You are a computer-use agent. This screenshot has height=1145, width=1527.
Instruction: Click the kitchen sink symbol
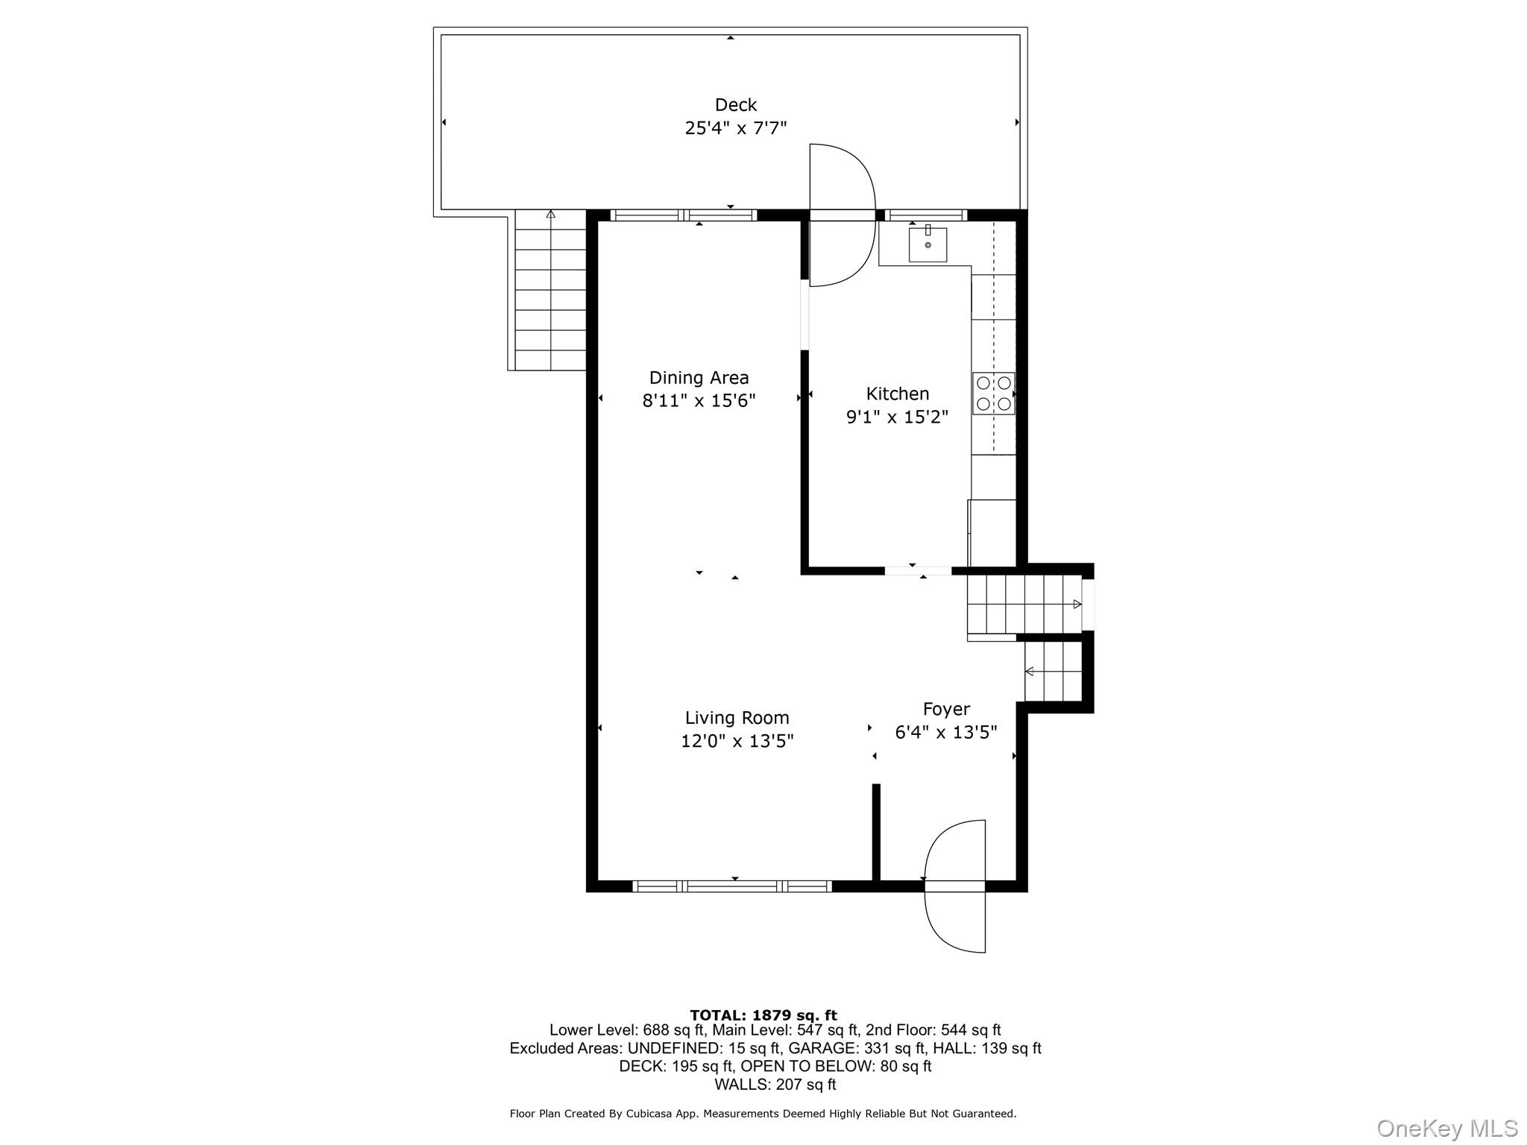(x=928, y=245)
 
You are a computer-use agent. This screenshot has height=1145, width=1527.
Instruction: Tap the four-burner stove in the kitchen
(x=993, y=394)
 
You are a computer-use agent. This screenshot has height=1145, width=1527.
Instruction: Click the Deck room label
(x=735, y=105)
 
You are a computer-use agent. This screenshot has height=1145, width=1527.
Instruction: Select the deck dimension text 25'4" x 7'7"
(x=735, y=128)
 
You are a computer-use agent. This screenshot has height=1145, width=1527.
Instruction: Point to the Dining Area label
(x=699, y=378)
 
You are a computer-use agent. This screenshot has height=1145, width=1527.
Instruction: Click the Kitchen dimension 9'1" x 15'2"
(x=897, y=417)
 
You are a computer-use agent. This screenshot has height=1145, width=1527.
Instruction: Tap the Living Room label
(x=737, y=718)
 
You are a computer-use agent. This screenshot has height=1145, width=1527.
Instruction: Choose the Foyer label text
(x=946, y=709)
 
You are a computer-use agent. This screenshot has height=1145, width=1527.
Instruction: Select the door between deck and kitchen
(x=842, y=215)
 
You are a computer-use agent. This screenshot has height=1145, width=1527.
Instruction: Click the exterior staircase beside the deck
(x=550, y=291)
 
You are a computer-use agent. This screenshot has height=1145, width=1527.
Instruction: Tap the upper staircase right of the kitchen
(x=1023, y=604)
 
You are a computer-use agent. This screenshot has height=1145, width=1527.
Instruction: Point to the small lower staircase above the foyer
(x=1052, y=672)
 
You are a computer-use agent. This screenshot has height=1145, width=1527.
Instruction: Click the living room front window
(x=731, y=886)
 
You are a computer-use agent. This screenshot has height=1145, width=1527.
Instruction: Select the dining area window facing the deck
(x=683, y=215)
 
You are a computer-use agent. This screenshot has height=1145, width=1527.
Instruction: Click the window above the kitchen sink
(x=925, y=215)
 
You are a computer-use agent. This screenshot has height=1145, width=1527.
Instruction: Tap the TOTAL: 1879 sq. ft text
(x=763, y=1015)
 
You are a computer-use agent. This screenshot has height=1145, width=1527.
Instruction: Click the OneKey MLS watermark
(x=1446, y=1128)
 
